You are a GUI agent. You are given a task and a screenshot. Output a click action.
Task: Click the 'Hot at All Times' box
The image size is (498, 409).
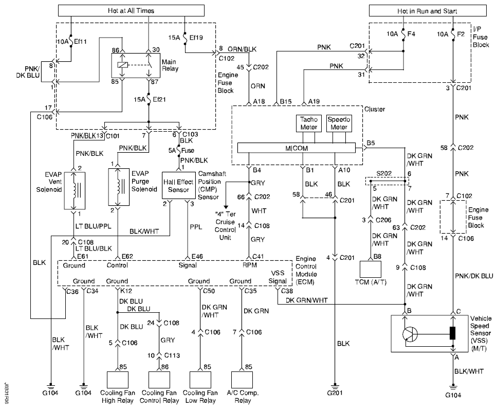click(131, 10)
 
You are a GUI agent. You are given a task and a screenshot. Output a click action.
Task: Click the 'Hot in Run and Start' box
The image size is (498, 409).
click(427, 11)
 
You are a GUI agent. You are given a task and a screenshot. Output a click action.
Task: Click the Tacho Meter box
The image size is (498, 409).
click(308, 123)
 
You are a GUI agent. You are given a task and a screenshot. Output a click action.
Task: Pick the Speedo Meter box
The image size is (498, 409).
click(339, 123)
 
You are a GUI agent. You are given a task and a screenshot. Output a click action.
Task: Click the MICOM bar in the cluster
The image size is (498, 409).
click(297, 148)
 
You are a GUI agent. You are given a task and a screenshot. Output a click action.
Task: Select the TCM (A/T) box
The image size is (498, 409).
click(370, 270)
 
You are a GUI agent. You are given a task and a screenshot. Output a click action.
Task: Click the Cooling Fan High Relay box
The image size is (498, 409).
click(118, 379)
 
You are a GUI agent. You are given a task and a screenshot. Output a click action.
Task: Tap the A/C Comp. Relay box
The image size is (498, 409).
click(242, 379)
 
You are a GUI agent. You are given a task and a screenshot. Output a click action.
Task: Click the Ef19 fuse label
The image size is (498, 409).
click(196, 38)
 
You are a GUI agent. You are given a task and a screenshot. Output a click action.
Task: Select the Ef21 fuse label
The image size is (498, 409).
click(159, 99)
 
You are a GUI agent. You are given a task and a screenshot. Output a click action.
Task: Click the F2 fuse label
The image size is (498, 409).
click(460, 34)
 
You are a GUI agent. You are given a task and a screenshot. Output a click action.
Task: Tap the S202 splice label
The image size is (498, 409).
click(384, 173)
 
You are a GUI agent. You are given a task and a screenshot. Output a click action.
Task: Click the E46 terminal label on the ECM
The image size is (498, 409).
click(197, 256)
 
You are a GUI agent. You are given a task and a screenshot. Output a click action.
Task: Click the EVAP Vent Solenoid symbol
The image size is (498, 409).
click(75, 190)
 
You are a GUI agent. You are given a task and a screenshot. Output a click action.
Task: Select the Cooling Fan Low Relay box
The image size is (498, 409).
click(200, 379)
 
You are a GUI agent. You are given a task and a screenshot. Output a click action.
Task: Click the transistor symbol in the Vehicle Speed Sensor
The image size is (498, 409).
click(410, 334)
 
